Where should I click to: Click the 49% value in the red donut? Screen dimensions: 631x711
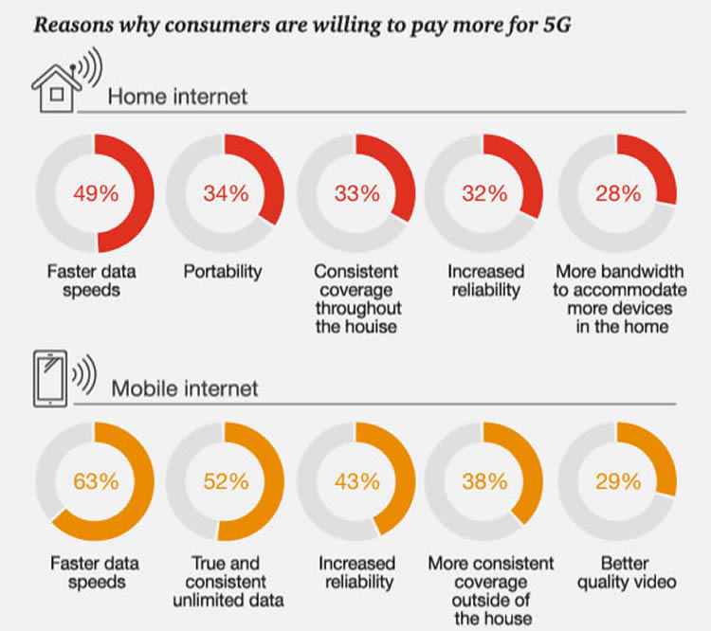point(96,195)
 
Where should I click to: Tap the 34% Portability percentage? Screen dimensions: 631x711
point(226,195)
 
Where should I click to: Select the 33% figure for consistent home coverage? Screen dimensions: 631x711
point(356,195)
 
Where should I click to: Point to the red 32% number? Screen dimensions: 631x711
point(485,195)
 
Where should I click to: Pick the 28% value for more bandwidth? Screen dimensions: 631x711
point(616,195)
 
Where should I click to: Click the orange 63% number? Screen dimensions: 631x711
point(96,480)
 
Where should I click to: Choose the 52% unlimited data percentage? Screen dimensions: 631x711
point(226,480)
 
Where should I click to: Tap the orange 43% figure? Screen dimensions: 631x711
point(356,480)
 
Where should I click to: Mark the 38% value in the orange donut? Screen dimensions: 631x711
point(485,480)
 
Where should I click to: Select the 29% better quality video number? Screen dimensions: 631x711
point(616,480)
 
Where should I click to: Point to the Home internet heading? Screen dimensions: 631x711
point(177,96)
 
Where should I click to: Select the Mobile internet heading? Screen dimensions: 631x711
point(185,388)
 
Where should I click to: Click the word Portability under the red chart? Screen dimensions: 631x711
point(223,272)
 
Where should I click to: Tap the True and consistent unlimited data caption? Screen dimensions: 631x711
point(226,582)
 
